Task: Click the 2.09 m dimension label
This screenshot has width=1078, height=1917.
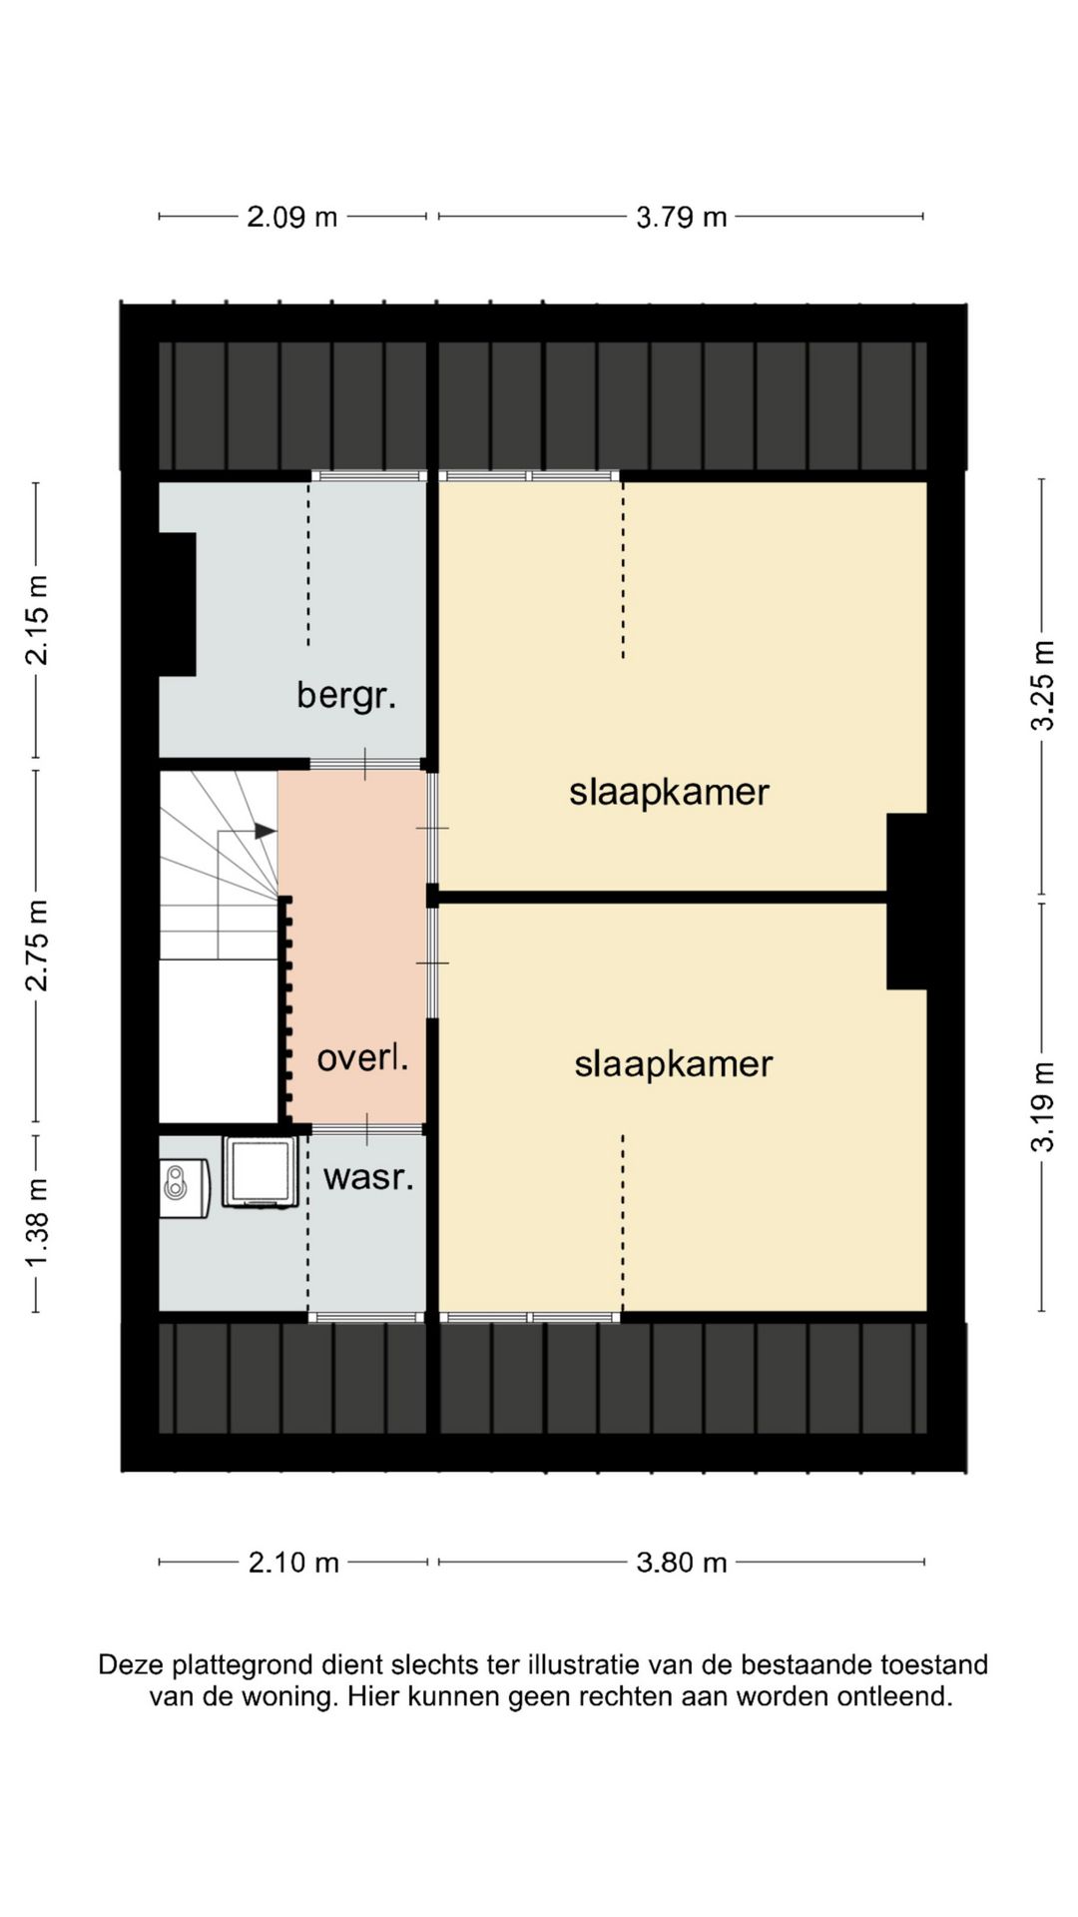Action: (292, 217)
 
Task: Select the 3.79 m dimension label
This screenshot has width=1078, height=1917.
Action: (682, 217)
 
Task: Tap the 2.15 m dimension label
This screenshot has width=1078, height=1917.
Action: (37, 620)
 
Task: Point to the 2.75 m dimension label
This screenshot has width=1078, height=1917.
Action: (37, 946)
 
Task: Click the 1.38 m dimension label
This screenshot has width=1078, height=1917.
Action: (37, 1223)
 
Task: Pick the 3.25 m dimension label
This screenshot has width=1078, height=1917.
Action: (1042, 685)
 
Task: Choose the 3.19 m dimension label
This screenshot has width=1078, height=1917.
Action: (1042, 1106)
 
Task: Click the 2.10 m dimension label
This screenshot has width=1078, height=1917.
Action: (294, 1563)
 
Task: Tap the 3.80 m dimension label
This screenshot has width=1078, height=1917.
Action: (682, 1563)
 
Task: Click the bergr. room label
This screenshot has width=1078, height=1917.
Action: (346, 695)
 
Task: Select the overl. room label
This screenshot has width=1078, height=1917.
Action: (362, 1057)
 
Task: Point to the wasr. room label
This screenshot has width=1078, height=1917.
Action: (368, 1177)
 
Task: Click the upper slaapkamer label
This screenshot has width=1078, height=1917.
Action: (669, 793)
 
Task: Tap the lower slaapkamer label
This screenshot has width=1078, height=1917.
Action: (673, 1064)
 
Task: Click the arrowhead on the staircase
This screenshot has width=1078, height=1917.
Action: (266, 831)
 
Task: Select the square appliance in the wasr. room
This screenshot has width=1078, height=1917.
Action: (261, 1172)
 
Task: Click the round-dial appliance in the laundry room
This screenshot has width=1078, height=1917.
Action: (184, 1188)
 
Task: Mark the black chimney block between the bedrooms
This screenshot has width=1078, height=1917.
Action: (907, 902)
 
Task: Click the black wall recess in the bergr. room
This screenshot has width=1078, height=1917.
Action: (178, 605)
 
